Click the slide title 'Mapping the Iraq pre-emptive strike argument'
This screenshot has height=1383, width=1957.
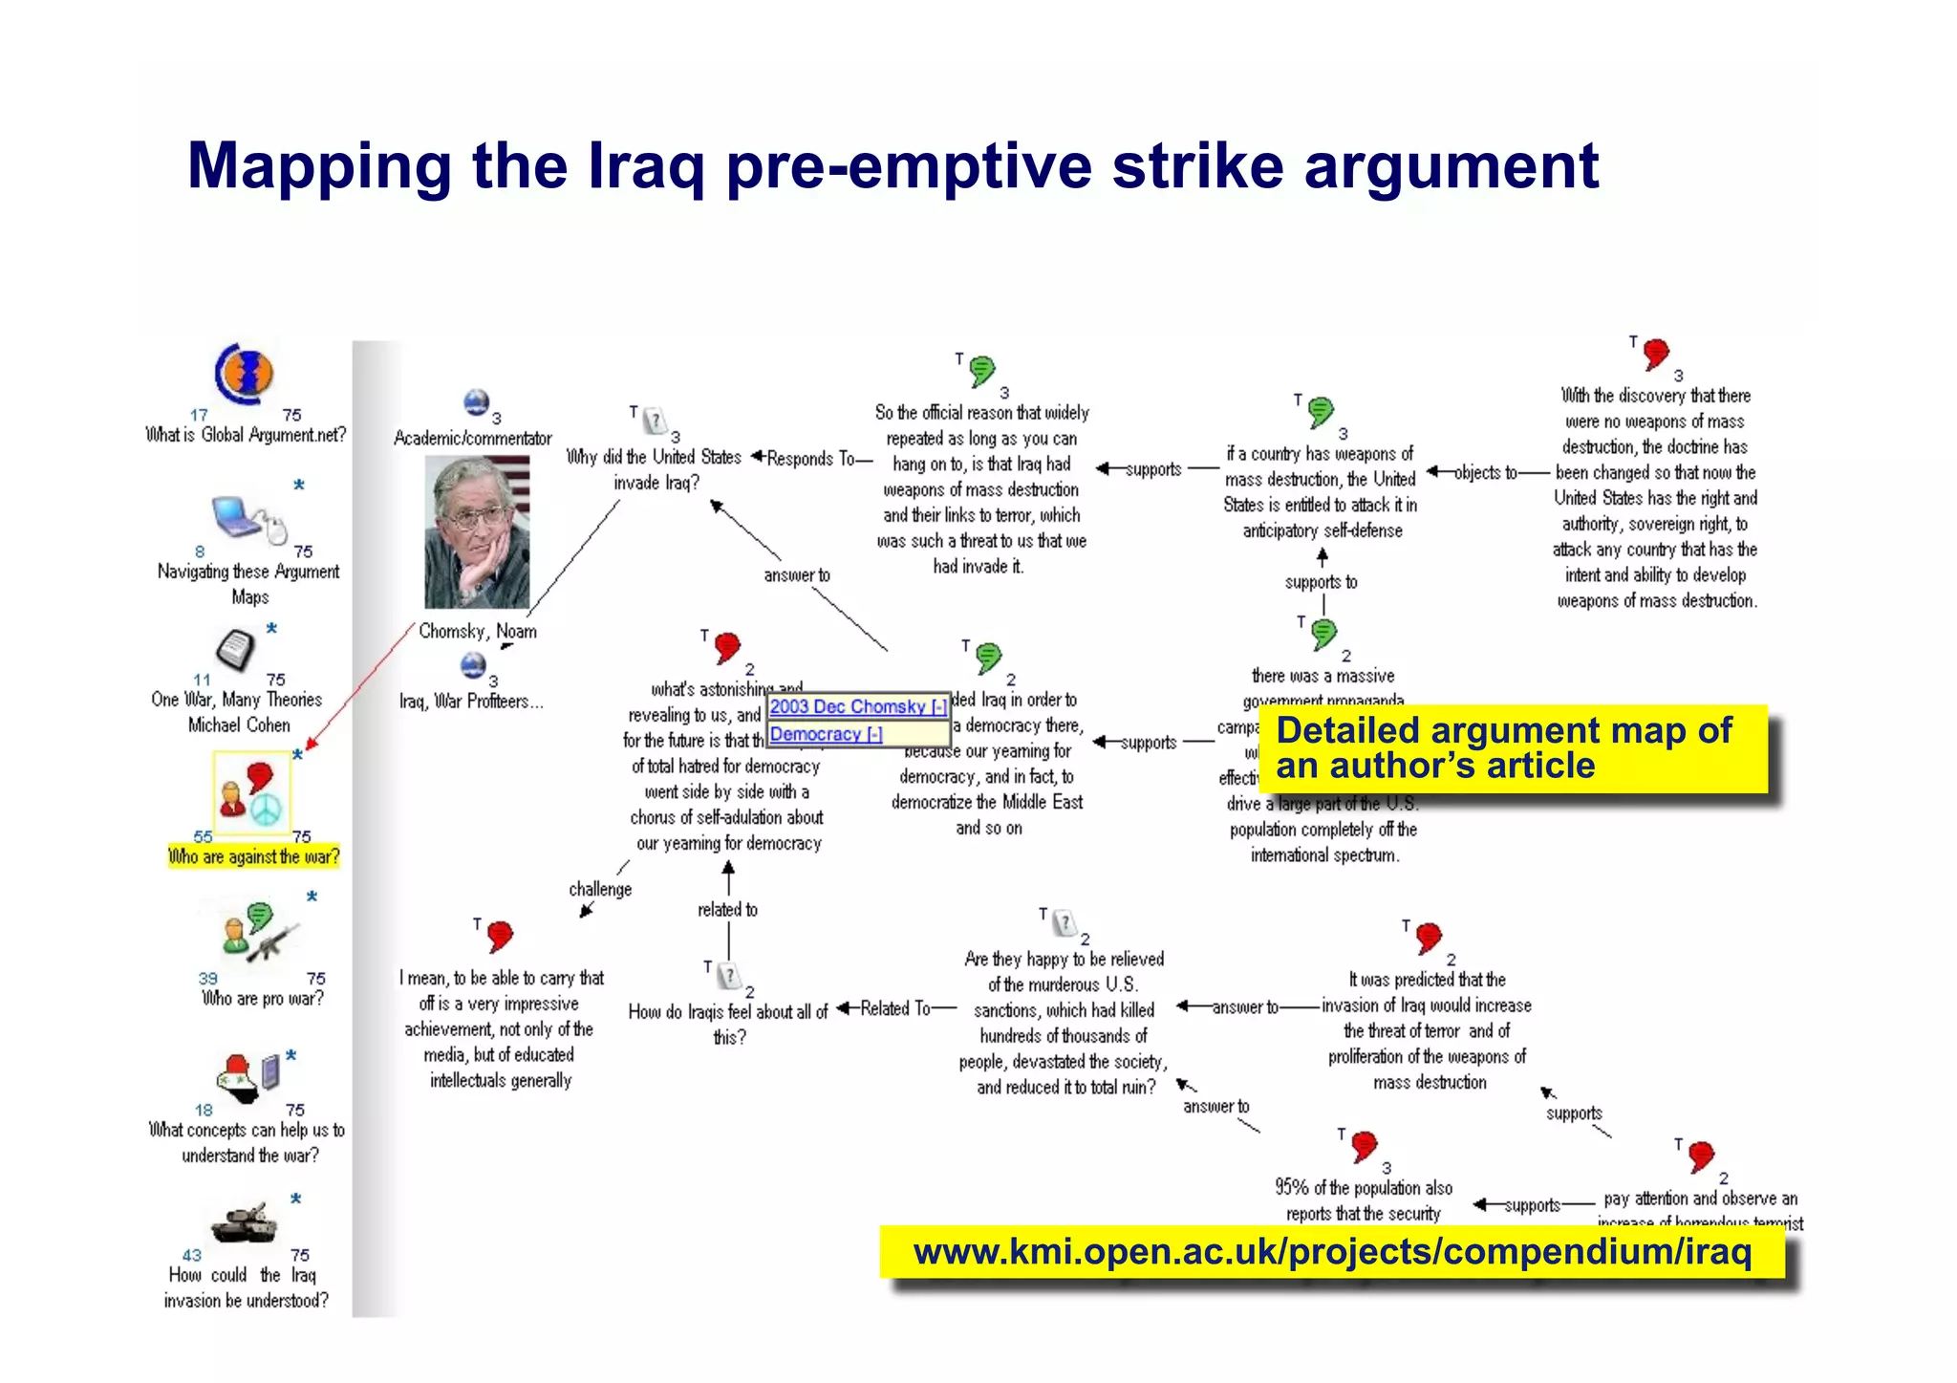[892, 166]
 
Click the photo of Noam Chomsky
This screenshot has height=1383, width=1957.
[477, 532]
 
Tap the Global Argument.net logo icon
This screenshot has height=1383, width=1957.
[245, 374]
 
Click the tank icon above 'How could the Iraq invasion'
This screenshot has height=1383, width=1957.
[245, 1222]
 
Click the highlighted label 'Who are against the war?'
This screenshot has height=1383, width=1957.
[253, 856]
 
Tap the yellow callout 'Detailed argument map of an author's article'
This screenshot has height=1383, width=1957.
[1512, 748]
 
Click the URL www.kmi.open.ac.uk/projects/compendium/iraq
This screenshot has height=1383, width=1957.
[1332, 1251]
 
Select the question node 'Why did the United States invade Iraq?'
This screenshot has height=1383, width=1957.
[655, 469]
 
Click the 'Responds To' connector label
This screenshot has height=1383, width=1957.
[811, 459]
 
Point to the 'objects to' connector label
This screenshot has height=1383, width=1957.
[1485, 472]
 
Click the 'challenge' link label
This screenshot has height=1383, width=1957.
[600, 889]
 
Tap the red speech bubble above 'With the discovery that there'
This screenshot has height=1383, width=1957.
[1656, 354]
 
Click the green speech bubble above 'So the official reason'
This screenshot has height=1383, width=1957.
[981, 370]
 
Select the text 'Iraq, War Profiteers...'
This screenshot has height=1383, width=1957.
[471, 702]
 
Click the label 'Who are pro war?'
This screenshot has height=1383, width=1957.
[263, 999]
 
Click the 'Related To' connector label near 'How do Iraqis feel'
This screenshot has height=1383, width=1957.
[895, 1008]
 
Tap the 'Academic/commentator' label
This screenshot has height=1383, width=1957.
[473, 439]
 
